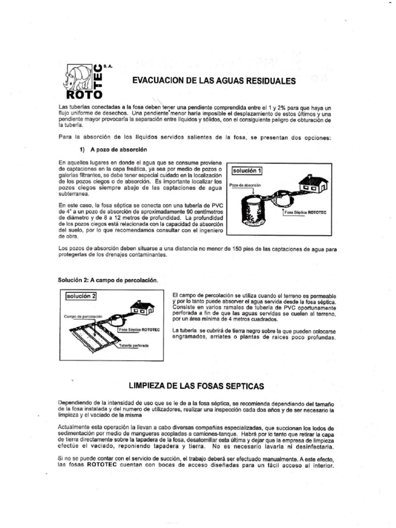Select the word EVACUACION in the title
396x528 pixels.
point(157,81)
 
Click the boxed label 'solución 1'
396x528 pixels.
point(251,171)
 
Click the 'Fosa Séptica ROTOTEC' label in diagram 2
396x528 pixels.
point(140,328)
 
